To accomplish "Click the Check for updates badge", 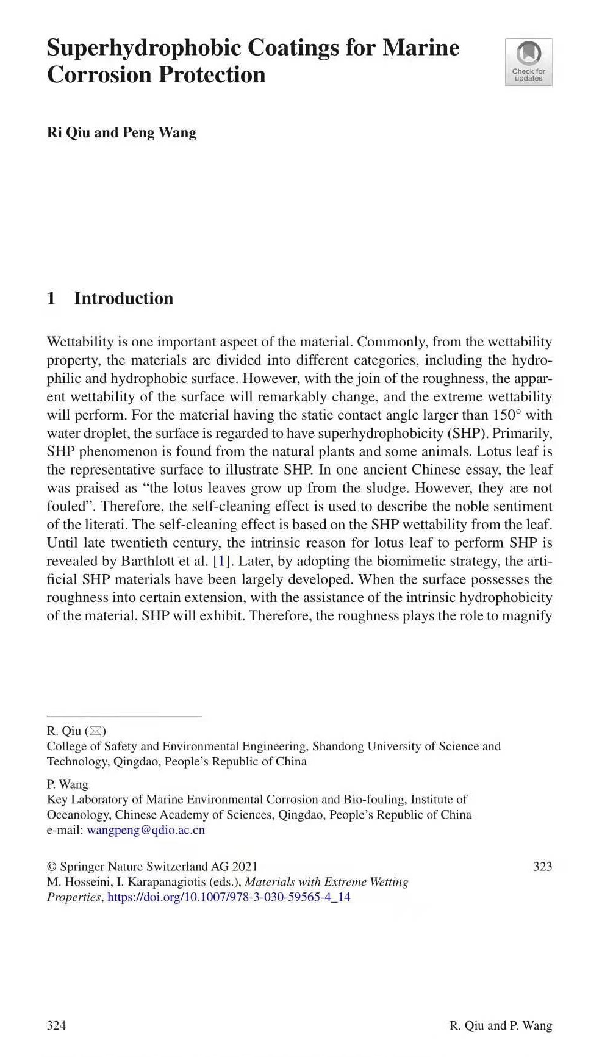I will pos(528,62).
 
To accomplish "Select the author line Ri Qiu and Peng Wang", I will pos(121,132).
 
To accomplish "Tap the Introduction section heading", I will pos(123,298).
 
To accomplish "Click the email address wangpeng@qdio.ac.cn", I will pos(146,829).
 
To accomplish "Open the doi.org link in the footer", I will pos(229,897).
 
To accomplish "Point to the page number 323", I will pos(542,867).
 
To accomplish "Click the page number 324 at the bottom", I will pos(56,1025).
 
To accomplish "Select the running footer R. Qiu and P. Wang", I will pos(500,1025).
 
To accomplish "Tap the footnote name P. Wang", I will pos(67,784).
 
